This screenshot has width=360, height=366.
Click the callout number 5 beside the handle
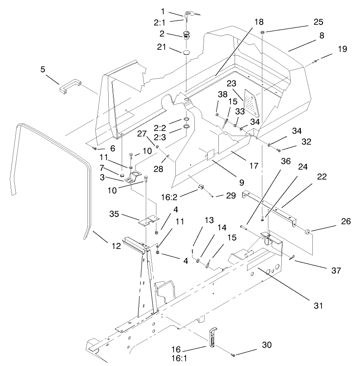43,70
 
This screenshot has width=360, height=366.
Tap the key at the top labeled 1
190,15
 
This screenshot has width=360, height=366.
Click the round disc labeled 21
186,53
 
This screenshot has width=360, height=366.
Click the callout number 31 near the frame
317,305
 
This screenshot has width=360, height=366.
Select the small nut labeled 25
262,33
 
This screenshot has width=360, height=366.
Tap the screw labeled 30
233,354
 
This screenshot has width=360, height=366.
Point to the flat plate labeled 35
149,220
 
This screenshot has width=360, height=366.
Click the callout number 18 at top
258,22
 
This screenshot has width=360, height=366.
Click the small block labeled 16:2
202,187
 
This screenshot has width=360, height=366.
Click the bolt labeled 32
279,150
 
